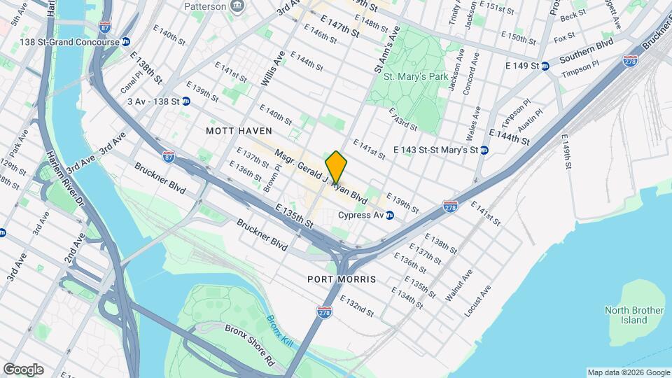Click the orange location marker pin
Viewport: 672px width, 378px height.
pyautogui.click(x=336, y=167)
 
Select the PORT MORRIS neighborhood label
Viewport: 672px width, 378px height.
pyautogui.click(x=342, y=279)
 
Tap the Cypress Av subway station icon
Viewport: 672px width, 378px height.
pyautogui.click(x=390, y=215)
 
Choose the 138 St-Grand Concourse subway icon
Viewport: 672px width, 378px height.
pyautogui.click(x=125, y=42)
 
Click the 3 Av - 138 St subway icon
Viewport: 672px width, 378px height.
pyautogui.click(x=185, y=101)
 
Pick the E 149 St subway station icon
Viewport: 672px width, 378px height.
pyautogui.click(x=545, y=66)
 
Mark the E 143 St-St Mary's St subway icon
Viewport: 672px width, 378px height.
pyautogui.click(x=484, y=150)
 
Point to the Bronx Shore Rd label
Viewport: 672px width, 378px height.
pyautogui.click(x=249, y=345)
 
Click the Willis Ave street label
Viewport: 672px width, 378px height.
pyautogui.click(x=273, y=68)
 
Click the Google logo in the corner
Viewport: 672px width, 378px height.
pyautogui.click(x=23, y=369)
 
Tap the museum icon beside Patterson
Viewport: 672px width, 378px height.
pyautogui.click(x=238, y=6)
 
